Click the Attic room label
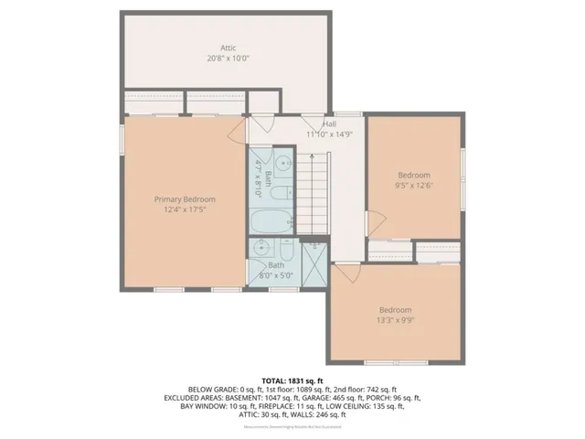[229, 47]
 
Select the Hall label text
[328, 123]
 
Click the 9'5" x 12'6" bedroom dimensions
[413, 185]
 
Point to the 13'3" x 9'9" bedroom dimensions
[395, 319]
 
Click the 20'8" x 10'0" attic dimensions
[229, 58]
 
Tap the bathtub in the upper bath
[271, 220]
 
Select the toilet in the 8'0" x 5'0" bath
[286, 250]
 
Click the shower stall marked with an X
[313, 264]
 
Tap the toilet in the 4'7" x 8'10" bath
[284, 192]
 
